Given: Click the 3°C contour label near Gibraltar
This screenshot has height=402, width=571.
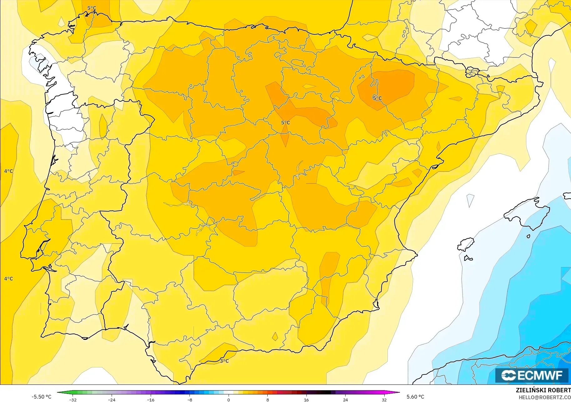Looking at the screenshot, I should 224,361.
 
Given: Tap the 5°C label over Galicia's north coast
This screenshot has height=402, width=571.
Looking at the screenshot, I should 92,8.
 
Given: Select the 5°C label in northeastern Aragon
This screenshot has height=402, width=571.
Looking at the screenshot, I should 377,98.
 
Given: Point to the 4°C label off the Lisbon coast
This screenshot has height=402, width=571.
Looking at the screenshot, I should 8,279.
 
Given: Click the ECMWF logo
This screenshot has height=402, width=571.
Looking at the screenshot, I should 532,375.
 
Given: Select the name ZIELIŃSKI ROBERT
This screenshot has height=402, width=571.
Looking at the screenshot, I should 543,390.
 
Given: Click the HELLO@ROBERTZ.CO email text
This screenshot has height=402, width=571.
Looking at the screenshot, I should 545,397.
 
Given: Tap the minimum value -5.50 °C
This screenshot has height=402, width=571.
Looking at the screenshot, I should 41,397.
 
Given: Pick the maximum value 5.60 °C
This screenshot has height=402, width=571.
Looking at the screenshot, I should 415,397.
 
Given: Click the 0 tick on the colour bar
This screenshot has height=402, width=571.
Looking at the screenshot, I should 229,400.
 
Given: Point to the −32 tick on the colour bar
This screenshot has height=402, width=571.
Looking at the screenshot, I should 73,400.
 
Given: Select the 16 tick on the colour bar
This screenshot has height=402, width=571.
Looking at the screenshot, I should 306,400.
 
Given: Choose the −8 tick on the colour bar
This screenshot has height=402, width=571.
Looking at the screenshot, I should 190,400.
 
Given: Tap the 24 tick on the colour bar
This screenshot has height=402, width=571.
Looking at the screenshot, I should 345,400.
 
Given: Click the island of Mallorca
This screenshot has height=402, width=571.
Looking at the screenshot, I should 528,212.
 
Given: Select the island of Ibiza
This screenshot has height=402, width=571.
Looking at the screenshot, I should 466,244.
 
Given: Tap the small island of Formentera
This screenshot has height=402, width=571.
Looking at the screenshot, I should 468,258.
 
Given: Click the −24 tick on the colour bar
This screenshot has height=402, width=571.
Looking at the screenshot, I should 112,400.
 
